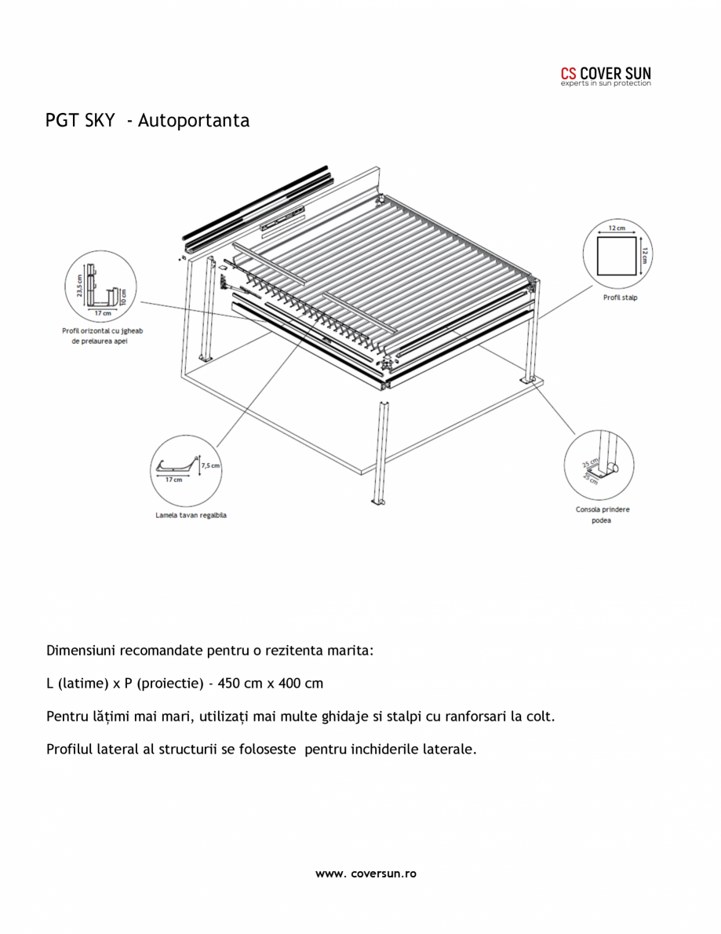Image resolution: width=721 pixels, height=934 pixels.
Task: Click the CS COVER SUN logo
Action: click(x=605, y=76)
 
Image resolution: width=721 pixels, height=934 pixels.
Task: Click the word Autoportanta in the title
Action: click(x=193, y=120)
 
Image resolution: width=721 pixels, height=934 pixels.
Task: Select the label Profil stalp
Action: click(x=619, y=297)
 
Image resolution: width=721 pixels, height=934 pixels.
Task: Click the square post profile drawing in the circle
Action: click(x=617, y=258)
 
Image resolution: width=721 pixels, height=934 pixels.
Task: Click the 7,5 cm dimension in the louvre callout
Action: click(x=210, y=465)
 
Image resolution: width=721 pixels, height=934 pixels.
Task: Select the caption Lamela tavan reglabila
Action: click(x=191, y=516)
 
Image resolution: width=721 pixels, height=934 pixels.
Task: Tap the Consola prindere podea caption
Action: click(x=602, y=515)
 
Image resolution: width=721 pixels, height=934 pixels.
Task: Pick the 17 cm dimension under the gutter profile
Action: click(x=102, y=313)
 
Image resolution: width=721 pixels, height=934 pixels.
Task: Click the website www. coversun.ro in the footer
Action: click(x=366, y=874)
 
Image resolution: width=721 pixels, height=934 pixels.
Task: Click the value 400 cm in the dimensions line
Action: click(x=299, y=683)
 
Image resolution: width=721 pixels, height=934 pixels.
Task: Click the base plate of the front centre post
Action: click(x=379, y=503)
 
